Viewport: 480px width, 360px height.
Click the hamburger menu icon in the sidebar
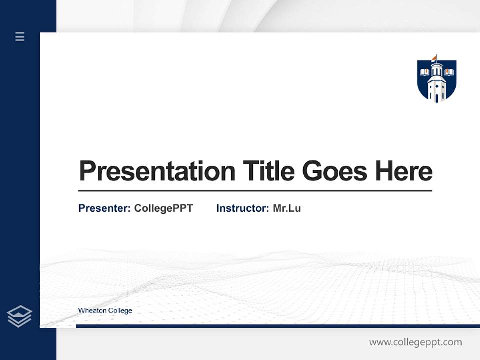(20, 36)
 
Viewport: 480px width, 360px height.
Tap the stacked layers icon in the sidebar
(20, 316)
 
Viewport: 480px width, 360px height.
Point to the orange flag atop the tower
(434, 58)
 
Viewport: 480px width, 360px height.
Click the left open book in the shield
(425, 73)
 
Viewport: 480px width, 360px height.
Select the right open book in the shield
(449, 73)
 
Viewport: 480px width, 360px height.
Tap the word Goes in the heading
(335, 171)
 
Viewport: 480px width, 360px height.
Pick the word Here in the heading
(404, 171)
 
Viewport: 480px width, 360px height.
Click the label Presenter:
(105, 208)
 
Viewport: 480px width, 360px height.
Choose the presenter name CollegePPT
(163, 208)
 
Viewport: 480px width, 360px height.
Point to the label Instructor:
(242, 208)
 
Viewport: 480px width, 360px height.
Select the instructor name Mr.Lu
(287, 208)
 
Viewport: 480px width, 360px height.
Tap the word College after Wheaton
(120, 311)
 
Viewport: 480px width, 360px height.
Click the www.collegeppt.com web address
(415, 342)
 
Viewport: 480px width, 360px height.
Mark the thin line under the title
(255, 191)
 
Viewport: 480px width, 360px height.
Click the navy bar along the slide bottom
(277, 326)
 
